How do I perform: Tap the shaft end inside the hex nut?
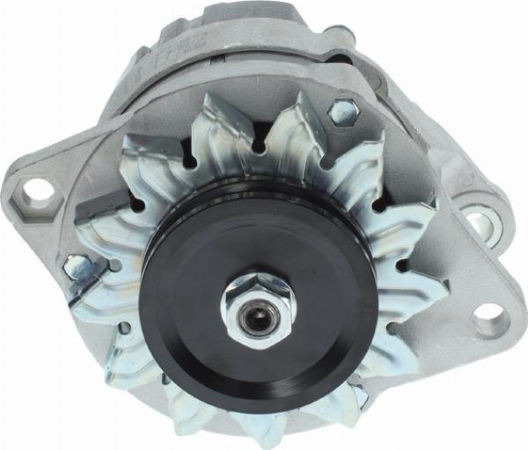click(257, 315)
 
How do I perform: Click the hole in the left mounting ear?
click(38, 189)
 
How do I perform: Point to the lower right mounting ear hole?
click(490, 318)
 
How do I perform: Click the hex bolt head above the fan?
click(343, 112)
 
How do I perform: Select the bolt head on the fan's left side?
click(77, 265)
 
